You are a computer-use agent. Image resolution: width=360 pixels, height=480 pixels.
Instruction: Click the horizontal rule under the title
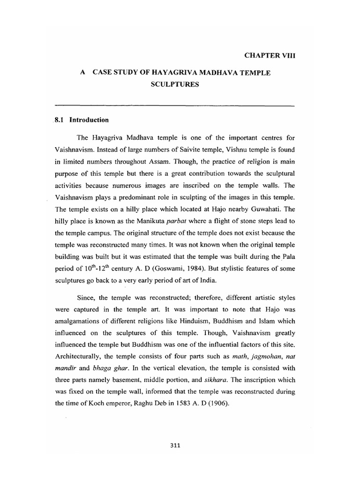coord(174,105)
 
